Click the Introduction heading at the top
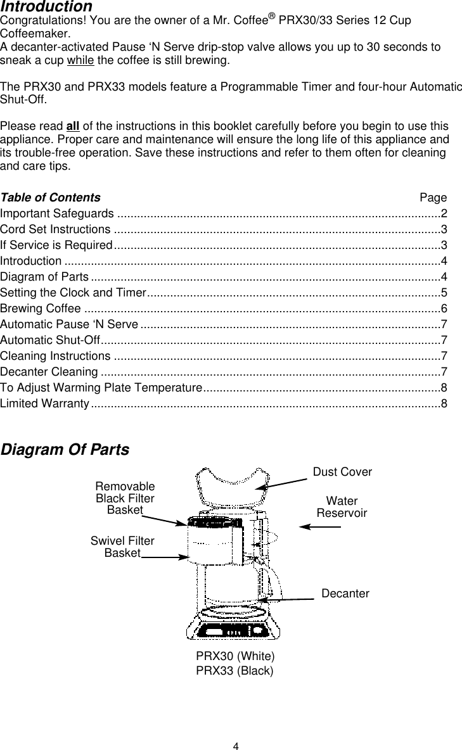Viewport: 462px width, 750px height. tap(46, 7)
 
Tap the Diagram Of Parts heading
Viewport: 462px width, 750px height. tap(65, 450)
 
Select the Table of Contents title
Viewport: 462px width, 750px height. tap(50, 198)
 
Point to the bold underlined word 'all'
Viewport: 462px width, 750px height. tap(74, 125)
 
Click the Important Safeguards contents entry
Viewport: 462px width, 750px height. tap(58, 213)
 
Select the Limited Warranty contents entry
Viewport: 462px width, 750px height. tap(44, 404)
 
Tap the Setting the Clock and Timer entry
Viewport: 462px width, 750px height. tap(73, 293)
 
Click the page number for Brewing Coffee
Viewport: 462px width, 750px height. tap(444, 308)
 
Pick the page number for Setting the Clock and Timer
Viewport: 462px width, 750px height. tap(444, 293)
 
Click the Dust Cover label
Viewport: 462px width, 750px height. tap(342, 472)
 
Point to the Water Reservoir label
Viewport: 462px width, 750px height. tap(342, 507)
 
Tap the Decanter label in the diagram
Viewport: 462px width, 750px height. tap(345, 594)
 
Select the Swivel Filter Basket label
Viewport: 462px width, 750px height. tap(122, 547)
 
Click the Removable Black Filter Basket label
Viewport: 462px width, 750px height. tap(125, 498)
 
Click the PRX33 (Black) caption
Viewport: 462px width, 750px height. tap(235, 670)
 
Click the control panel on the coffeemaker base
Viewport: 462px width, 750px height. tap(232, 631)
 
